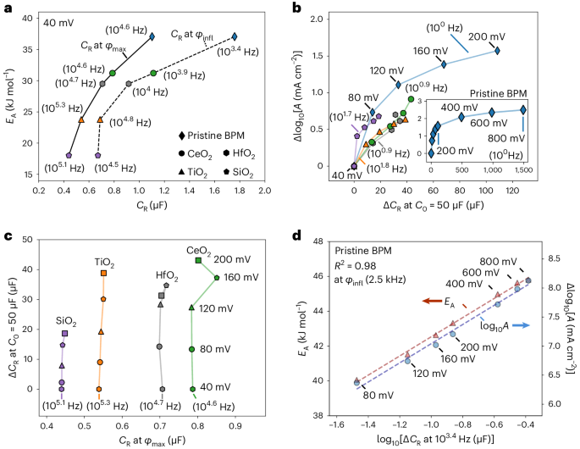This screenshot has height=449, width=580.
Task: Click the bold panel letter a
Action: click(x=7, y=8)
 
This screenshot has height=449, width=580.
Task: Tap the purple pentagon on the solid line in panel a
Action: click(x=69, y=156)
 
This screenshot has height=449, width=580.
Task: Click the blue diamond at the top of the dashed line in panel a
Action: click(x=235, y=36)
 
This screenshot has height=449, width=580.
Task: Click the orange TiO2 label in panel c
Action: click(x=102, y=262)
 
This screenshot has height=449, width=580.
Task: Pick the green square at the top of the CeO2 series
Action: click(x=198, y=260)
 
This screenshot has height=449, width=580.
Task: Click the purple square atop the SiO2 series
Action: click(x=64, y=334)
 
